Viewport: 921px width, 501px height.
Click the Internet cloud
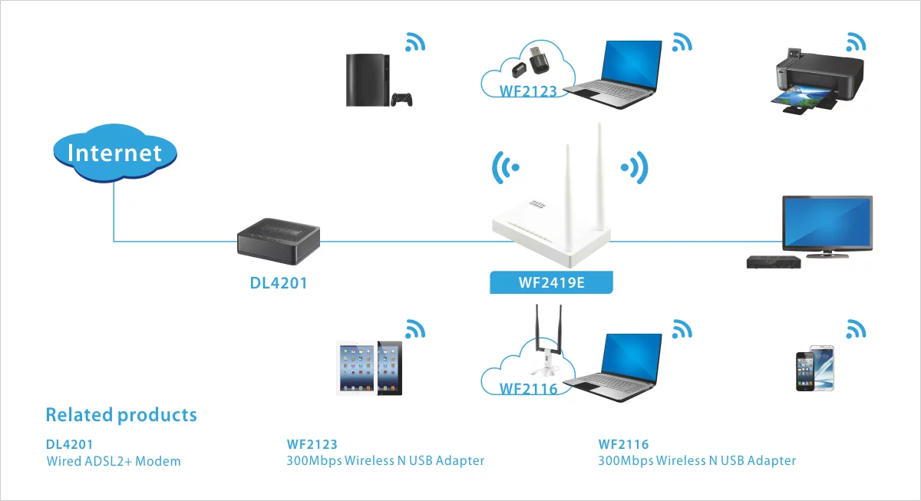coord(114,153)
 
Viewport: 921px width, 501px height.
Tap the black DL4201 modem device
coord(279,241)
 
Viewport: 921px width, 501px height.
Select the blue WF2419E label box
coord(551,282)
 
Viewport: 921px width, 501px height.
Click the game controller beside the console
coord(401,100)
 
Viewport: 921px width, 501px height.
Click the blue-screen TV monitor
coord(827,226)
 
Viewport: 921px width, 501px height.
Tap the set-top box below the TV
coord(774,262)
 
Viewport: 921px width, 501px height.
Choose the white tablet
coord(356,368)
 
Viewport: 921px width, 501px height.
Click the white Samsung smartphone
coord(823,368)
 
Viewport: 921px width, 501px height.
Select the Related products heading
coord(121,415)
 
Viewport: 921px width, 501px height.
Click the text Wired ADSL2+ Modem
coord(114,461)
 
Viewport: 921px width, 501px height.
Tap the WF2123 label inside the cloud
coord(528,91)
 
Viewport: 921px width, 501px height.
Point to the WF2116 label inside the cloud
coord(528,389)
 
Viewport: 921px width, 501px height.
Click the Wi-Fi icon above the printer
coord(856,42)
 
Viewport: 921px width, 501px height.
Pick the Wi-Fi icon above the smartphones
coord(856,329)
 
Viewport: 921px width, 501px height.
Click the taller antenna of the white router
coord(600,181)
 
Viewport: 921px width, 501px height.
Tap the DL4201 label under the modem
coord(279,283)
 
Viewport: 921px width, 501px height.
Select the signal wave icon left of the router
coord(504,167)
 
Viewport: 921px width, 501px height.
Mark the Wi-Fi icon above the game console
coord(415,42)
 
